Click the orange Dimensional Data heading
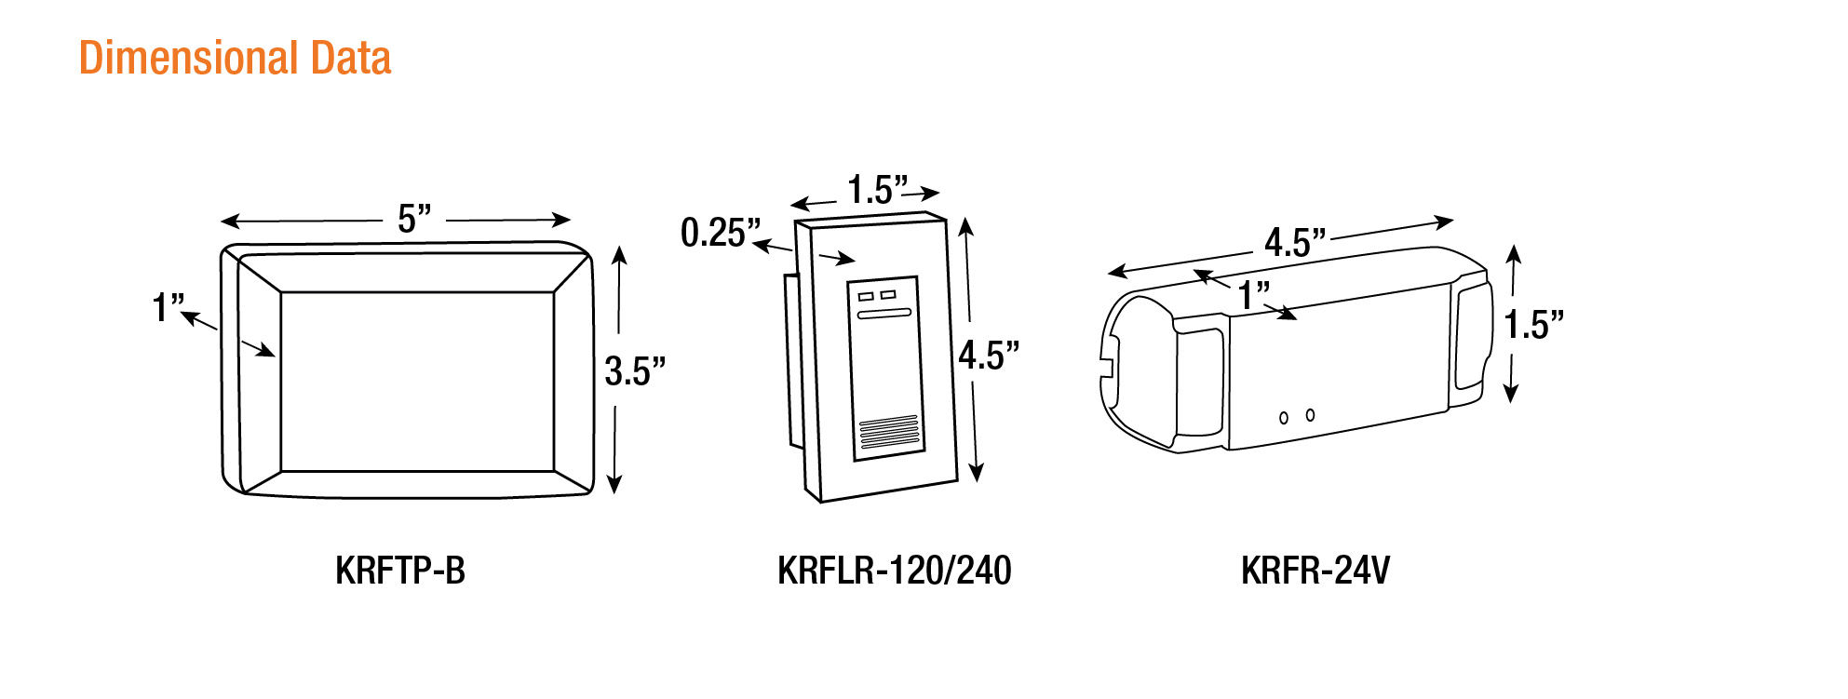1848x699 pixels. click(x=235, y=58)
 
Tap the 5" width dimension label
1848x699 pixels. click(x=414, y=219)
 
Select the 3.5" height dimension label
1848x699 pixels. click(x=635, y=370)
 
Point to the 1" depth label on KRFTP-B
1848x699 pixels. click(x=169, y=306)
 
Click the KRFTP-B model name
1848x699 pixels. click(x=400, y=571)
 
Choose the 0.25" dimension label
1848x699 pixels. click(x=721, y=232)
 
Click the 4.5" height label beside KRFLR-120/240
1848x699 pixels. click(x=989, y=355)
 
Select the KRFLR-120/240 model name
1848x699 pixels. click(x=895, y=571)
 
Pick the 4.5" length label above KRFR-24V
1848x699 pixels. click(x=1295, y=242)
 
